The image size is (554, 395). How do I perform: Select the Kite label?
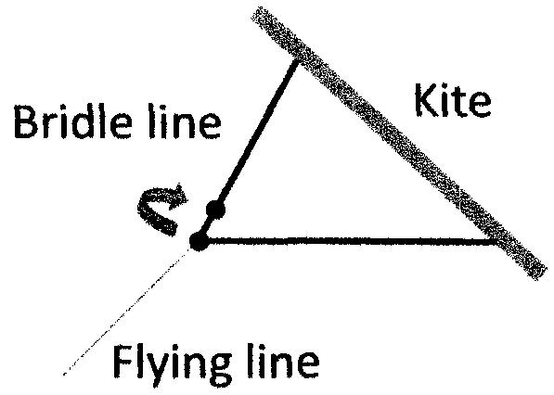pyautogui.click(x=453, y=100)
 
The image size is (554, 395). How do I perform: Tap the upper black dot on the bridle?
pyautogui.click(x=215, y=210)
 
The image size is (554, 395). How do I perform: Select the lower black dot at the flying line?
pyautogui.click(x=199, y=241)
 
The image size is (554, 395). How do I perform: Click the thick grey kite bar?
pyautogui.click(x=399, y=143)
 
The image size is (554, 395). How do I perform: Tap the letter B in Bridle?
pyautogui.click(x=25, y=121)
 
